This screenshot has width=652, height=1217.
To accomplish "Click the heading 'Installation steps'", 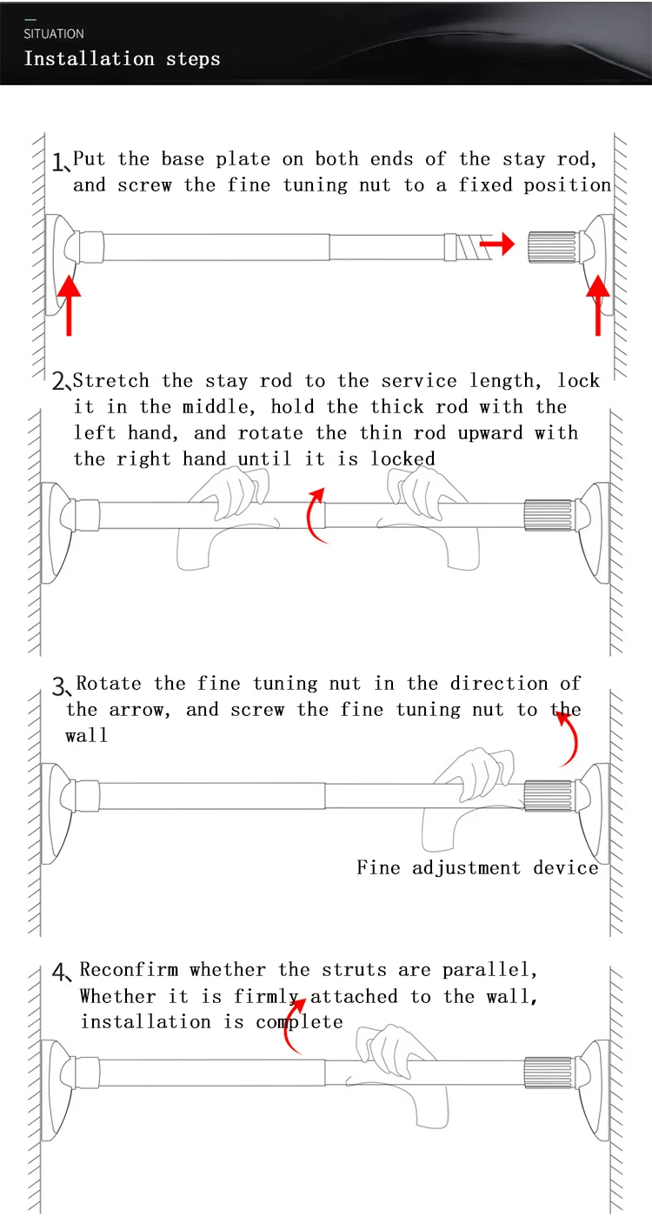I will point(122,59).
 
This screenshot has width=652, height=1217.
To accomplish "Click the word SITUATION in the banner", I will point(54,34).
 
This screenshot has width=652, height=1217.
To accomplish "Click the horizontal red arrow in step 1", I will point(496,245).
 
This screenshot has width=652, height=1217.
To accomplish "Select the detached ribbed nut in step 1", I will point(551,246).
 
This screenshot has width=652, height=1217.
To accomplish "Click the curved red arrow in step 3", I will point(568,738).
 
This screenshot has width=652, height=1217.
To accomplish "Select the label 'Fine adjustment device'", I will point(477,868).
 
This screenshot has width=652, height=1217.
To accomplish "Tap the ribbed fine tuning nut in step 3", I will point(548,795).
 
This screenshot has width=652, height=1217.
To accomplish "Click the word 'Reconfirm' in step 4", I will point(130,969).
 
